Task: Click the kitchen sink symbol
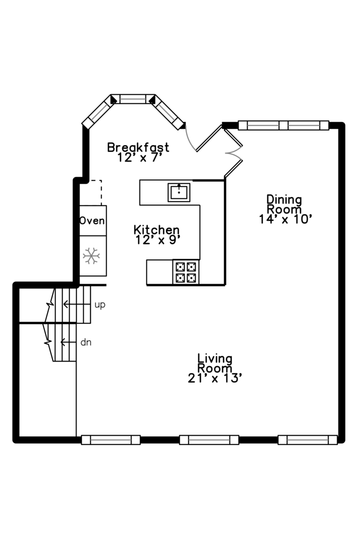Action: [x=179, y=192]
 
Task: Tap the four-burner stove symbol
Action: [x=185, y=272]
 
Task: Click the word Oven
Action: [x=92, y=220]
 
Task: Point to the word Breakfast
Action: [x=138, y=147]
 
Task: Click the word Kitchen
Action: [x=156, y=230]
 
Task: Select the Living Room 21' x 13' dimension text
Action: [x=215, y=378]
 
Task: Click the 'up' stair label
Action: [x=100, y=304]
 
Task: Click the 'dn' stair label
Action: [x=86, y=342]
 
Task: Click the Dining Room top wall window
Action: [x=283, y=125]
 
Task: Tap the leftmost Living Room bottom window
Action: [x=110, y=440]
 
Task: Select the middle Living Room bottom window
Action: [x=209, y=440]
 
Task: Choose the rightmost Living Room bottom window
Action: [x=307, y=440]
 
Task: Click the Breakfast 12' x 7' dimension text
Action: [x=138, y=157]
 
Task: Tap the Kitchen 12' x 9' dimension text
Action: [x=157, y=239]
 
